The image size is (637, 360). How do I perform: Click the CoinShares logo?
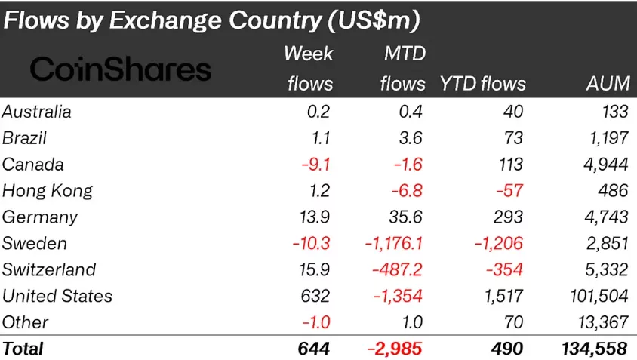(120, 69)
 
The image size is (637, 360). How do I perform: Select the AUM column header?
(608, 83)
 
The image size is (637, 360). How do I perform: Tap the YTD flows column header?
(483, 83)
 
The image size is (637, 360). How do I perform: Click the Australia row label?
(37, 112)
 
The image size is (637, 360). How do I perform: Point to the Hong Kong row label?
(47, 191)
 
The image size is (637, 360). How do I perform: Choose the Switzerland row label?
(49, 269)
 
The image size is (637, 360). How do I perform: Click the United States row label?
(57, 296)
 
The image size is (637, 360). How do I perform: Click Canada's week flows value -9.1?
(315, 165)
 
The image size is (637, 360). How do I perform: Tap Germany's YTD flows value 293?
(506, 217)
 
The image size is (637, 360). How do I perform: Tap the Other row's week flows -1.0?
(315, 322)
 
